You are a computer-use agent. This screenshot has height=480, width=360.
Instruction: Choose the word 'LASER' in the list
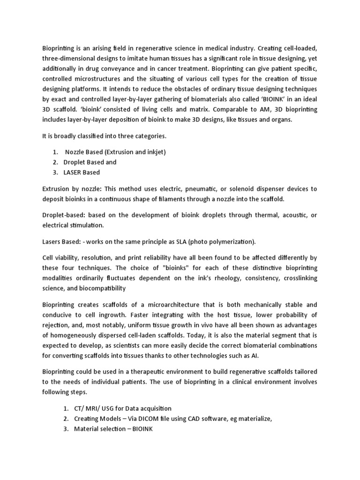[x=75, y=172]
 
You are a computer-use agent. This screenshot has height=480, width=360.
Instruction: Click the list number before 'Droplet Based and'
[x=55, y=162]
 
